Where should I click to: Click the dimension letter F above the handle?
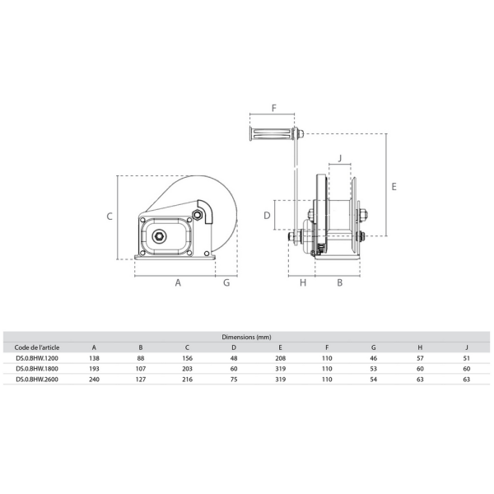click(274, 108)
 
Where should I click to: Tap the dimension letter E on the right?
click(394, 187)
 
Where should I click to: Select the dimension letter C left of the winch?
click(110, 217)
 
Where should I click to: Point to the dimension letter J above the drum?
click(339, 158)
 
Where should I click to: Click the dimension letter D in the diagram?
click(267, 216)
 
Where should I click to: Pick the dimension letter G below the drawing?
click(226, 282)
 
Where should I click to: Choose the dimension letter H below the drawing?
click(303, 282)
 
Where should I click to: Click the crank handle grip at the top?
click(272, 134)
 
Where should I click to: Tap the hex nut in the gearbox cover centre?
click(159, 235)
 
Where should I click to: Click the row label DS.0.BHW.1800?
click(37, 369)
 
